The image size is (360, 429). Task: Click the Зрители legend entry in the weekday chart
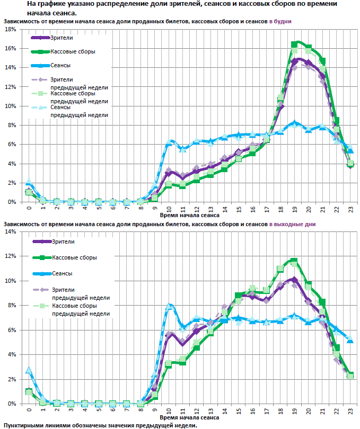(62, 38)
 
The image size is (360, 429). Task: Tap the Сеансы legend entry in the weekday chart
(60, 65)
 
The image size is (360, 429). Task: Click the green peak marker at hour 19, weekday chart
(294, 44)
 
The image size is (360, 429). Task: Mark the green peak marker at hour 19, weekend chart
(294, 261)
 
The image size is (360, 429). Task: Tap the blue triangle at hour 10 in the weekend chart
(169, 306)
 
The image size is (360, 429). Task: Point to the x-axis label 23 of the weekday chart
(350, 209)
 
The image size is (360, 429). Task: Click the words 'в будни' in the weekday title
(280, 21)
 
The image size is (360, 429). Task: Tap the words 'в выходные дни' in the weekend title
(292, 224)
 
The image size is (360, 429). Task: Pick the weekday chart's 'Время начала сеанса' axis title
(189, 216)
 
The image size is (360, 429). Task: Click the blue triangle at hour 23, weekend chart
(350, 339)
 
